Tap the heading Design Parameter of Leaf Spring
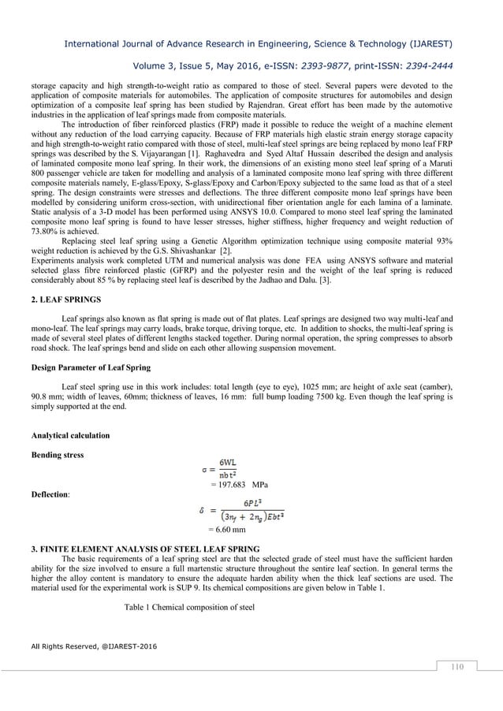(92, 367)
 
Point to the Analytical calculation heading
(70, 435)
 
